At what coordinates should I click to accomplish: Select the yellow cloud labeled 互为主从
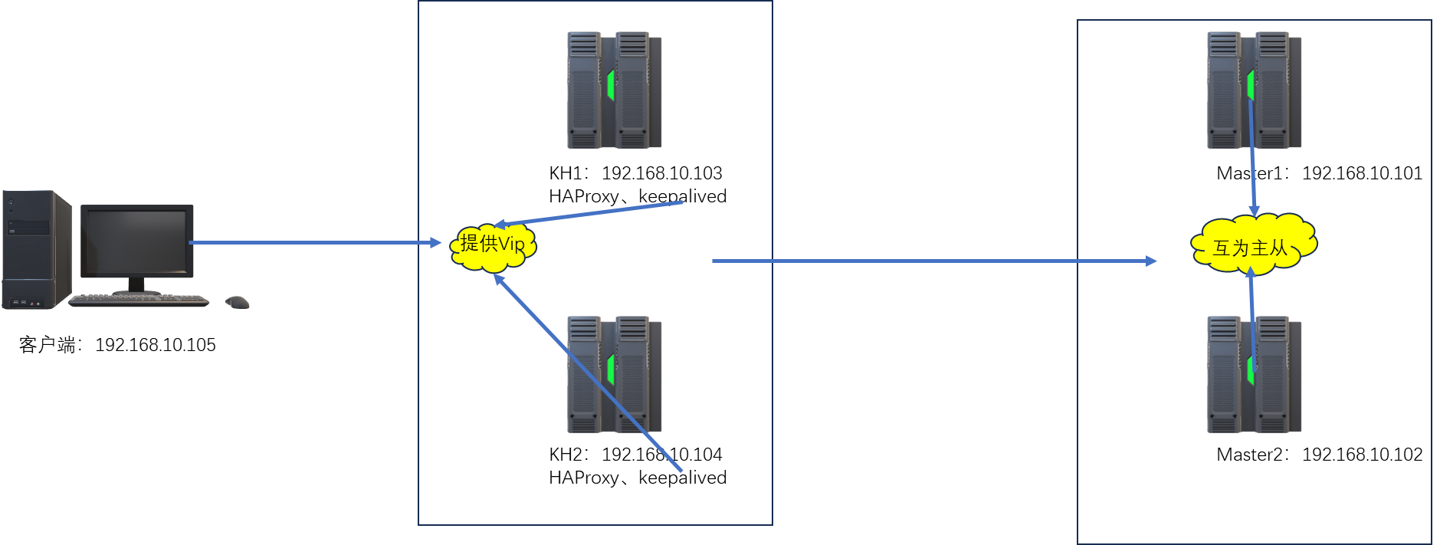(x=1253, y=244)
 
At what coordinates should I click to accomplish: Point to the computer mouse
(x=238, y=302)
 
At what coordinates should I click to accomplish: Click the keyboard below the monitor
(x=139, y=300)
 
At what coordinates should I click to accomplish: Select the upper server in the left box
(x=614, y=90)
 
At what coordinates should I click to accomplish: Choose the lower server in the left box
(x=614, y=375)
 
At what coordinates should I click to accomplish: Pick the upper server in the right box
(x=1254, y=90)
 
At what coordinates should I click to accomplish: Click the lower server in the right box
(x=1254, y=375)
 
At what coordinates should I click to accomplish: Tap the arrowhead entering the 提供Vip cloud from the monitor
(x=435, y=243)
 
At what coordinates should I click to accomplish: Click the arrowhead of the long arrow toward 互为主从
(x=1150, y=261)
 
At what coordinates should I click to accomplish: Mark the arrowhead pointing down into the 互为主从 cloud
(x=1255, y=210)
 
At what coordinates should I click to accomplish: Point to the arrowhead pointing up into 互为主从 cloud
(x=1251, y=272)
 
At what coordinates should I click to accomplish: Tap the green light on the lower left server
(x=611, y=369)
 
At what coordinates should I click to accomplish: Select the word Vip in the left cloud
(x=511, y=245)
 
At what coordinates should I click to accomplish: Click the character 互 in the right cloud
(x=1222, y=248)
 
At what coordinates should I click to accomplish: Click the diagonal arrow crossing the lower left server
(x=590, y=375)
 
